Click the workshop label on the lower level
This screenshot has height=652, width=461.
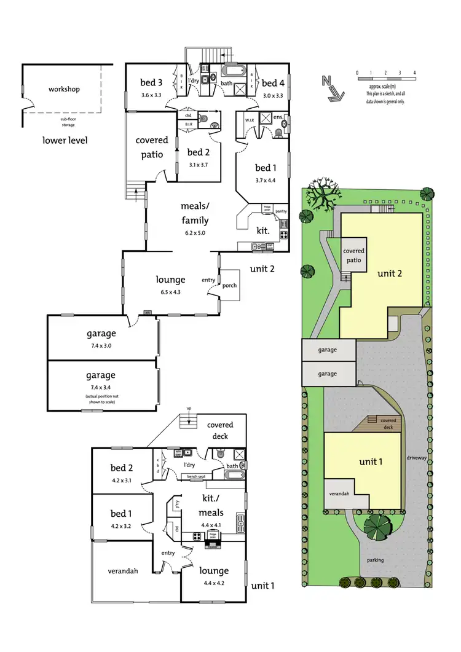[x=65, y=89]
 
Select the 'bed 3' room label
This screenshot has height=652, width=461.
[x=151, y=83]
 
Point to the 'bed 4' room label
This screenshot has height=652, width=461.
[x=273, y=83]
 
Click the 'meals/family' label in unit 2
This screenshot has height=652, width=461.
[x=194, y=213]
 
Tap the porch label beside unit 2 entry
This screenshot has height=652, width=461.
[x=230, y=286]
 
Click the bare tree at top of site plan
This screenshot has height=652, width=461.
[x=321, y=194]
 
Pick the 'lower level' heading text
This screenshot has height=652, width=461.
[x=65, y=140]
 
